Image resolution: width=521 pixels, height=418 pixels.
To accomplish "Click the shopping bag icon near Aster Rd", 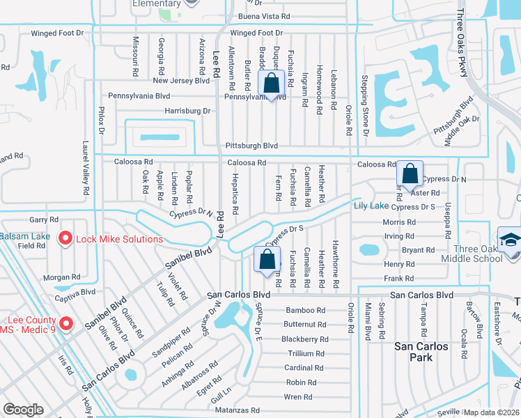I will click(410, 174).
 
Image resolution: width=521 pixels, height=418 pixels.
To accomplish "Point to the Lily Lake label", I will click(371, 206).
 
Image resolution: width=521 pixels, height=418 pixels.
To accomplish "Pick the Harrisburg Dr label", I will click(187, 111).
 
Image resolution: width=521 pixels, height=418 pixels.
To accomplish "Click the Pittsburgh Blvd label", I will click(251, 146).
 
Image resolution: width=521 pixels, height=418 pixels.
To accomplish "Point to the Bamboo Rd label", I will click(305, 310).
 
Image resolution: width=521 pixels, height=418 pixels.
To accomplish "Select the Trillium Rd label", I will click(306, 353).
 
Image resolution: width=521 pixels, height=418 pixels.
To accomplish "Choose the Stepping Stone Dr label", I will click(365, 101).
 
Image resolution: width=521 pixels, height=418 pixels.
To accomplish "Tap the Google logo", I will click(23, 410).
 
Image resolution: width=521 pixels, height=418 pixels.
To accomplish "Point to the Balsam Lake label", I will click(24, 236).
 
